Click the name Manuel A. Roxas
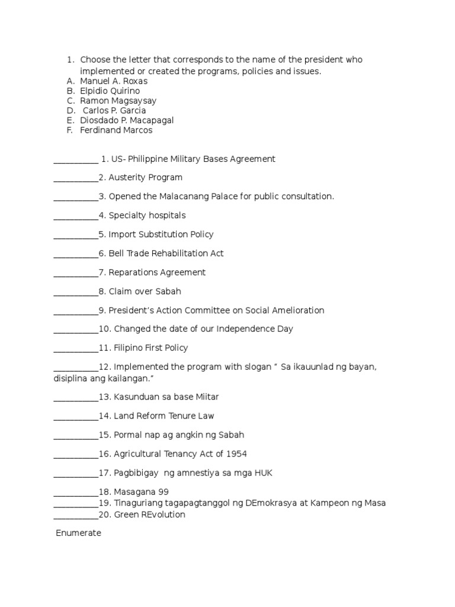pos(114,81)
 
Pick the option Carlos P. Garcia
pos(114,110)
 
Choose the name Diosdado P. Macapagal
pos(127,120)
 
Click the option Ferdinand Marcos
pos(116,130)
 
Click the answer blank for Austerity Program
pos(76,178)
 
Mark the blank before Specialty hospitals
pos(76,216)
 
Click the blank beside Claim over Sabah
pos(76,292)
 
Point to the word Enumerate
pos(79,533)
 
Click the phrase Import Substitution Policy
pos(161,235)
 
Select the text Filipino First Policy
pos(150,348)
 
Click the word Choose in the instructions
pos(94,60)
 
